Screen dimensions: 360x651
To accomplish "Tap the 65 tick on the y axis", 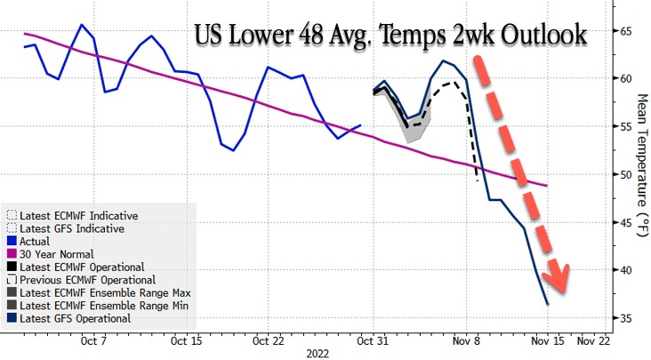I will pyautogui.click(x=626, y=31).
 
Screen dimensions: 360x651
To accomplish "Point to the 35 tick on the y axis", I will pyautogui.click(x=626, y=317).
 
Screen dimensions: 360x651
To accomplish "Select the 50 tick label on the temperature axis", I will pyautogui.click(x=626, y=174).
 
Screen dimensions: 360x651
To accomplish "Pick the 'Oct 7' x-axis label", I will pyautogui.click(x=93, y=340).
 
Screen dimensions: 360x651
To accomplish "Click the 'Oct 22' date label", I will pyautogui.click(x=269, y=340).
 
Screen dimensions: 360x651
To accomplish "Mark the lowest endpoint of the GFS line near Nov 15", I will pyautogui.click(x=548, y=305).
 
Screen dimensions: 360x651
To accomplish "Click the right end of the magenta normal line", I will pyautogui.click(x=547, y=185).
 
